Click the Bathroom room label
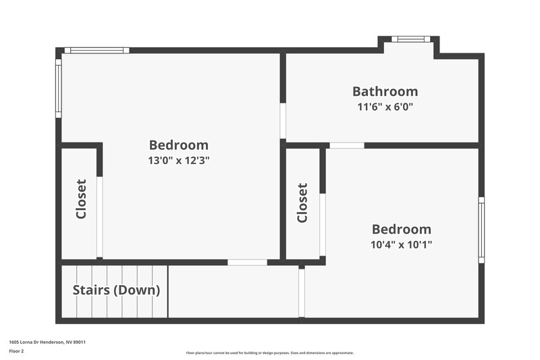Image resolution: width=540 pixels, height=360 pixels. [x=385, y=91]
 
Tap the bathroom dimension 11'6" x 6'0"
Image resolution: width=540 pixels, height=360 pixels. [x=385, y=107]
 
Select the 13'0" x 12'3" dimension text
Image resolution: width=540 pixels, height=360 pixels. [x=178, y=160]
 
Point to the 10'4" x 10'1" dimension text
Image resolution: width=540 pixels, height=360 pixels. [x=401, y=245]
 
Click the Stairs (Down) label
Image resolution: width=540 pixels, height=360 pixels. [x=116, y=290]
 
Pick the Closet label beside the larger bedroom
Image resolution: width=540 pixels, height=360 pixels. [x=81, y=199]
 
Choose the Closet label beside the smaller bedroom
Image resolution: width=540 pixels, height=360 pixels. [x=302, y=203]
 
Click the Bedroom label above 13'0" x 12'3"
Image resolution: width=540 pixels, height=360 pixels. [x=178, y=145]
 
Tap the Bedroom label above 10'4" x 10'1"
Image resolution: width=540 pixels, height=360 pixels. [x=401, y=229]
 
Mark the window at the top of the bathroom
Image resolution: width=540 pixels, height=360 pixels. [x=410, y=39]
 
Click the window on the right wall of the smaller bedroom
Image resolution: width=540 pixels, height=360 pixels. [x=481, y=230]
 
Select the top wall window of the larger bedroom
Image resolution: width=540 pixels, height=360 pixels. [x=97, y=50]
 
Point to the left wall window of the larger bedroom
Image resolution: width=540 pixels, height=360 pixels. [x=59, y=88]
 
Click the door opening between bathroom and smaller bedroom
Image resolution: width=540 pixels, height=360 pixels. [x=347, y=145]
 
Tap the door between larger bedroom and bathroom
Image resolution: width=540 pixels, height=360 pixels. [x=283, y=121]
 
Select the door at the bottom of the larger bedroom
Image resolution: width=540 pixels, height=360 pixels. [x=247, y=262]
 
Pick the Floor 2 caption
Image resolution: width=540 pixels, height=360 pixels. [x=16, y=351]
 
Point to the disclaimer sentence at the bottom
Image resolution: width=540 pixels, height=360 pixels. [x=269, y=353]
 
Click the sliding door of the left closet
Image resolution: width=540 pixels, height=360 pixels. [x=99, y=216]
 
